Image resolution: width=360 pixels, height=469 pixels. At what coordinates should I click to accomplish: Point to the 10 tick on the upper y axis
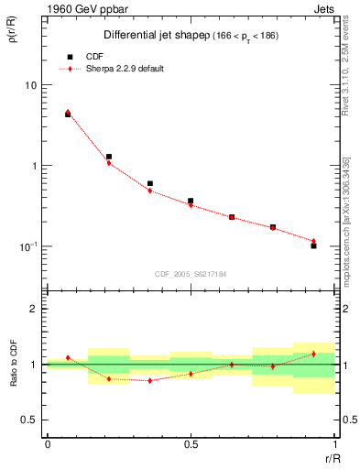click(30, 85)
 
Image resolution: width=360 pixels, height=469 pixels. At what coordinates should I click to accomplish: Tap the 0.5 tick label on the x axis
click(191, 443)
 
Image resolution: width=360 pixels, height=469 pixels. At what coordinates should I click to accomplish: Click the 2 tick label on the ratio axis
click(35, 310)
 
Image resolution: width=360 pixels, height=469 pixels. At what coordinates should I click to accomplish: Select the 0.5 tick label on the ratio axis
click(31, 420)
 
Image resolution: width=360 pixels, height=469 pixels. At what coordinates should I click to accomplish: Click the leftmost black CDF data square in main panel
click(68, 115)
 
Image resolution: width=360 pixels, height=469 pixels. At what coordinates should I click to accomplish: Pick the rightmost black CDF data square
click(313, 245)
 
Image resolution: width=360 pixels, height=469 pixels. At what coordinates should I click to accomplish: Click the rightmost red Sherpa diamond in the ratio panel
click(313, 354)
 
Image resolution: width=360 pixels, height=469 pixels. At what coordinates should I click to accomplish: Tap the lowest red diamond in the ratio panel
click(149, 380)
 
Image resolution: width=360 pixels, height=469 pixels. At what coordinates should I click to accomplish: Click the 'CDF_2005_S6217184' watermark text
click(190, 274)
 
